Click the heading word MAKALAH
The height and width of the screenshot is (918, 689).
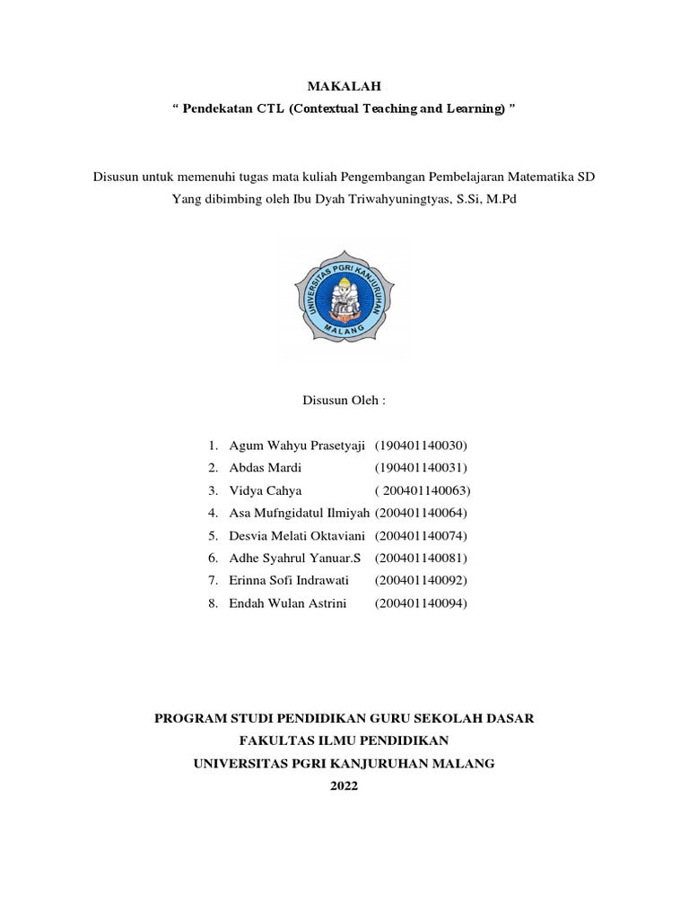344,86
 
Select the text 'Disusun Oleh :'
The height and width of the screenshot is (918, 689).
344,401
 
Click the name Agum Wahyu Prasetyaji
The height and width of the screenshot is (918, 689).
300,446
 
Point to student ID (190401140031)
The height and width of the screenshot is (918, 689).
421,468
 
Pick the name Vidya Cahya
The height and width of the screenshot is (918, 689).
266,490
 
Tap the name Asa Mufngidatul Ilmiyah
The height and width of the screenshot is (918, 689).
300,513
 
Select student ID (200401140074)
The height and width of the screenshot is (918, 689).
421,536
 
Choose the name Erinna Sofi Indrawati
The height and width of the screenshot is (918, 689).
289,581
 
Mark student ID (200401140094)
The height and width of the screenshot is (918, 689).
421,603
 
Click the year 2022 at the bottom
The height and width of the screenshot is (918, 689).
344,786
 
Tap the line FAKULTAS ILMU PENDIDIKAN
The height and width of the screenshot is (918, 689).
344,740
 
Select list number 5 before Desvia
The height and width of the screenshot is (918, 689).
213,536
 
